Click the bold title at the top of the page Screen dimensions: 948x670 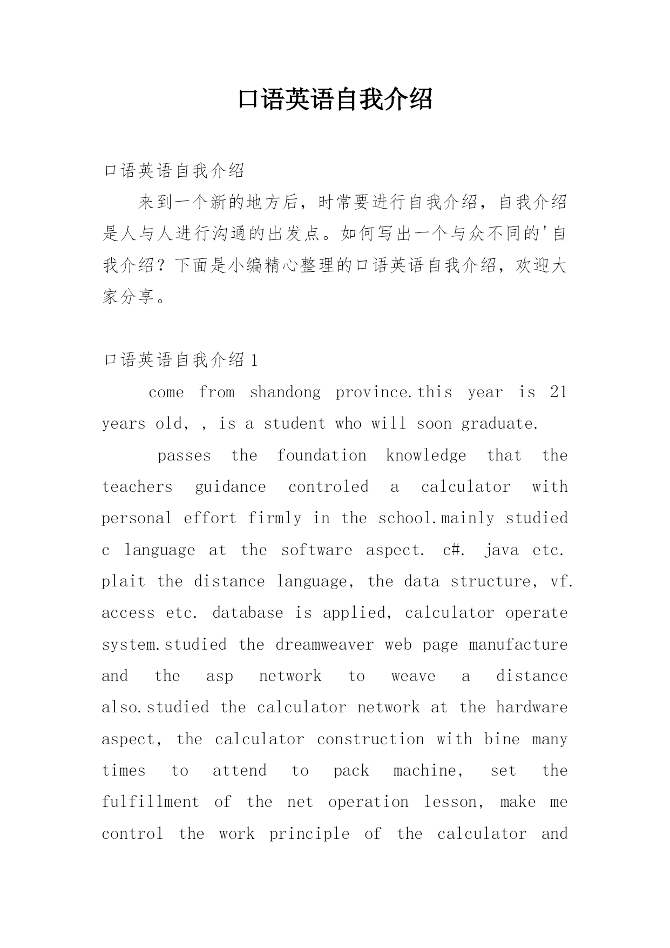pyautogui.click(x=335, y=99)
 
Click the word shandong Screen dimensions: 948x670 pyautogui.click(x=285, y=392)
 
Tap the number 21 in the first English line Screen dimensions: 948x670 pyautogui.click(x=559, y=392)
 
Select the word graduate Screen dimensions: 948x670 pyautogui.click(x=499, y=424)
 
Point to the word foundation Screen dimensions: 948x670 pyautogui.click(x=322, y=455)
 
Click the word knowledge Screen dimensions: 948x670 pyautogui.click(x=426, y=455)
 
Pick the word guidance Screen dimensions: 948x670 pyautogui.click(x=231, y=487)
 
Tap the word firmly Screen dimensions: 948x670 pyautogui.click(x=275, y=518)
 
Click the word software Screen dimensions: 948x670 pyautogui.click(x=316, y=550)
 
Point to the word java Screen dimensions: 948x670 pyautogui.click(x=502, y=550)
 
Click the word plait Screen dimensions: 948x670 pyautogui.click(x=124, y=582)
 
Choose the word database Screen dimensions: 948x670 pyautogui.click(x=248, y=613)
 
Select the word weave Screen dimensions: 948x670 pyautogui.click(x=413, y=676)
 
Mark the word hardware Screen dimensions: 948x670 pyautogui.click(x=532, y=707)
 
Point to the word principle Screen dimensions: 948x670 pyautogui.click(x=309, y=834)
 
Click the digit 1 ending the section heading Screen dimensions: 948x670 pyautogui.click(x=255, y=360)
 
